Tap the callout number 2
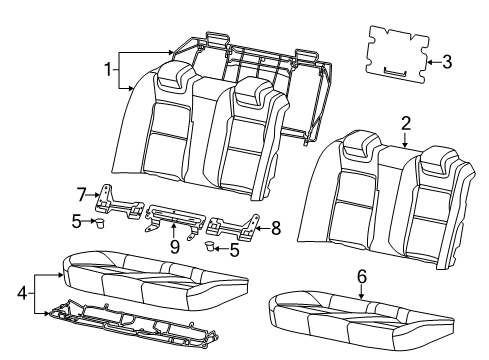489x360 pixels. click(405, 123)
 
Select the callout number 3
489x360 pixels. click(446, 62)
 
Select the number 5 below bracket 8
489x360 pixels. click(234, 250)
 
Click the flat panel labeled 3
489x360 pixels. click(395, 50)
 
